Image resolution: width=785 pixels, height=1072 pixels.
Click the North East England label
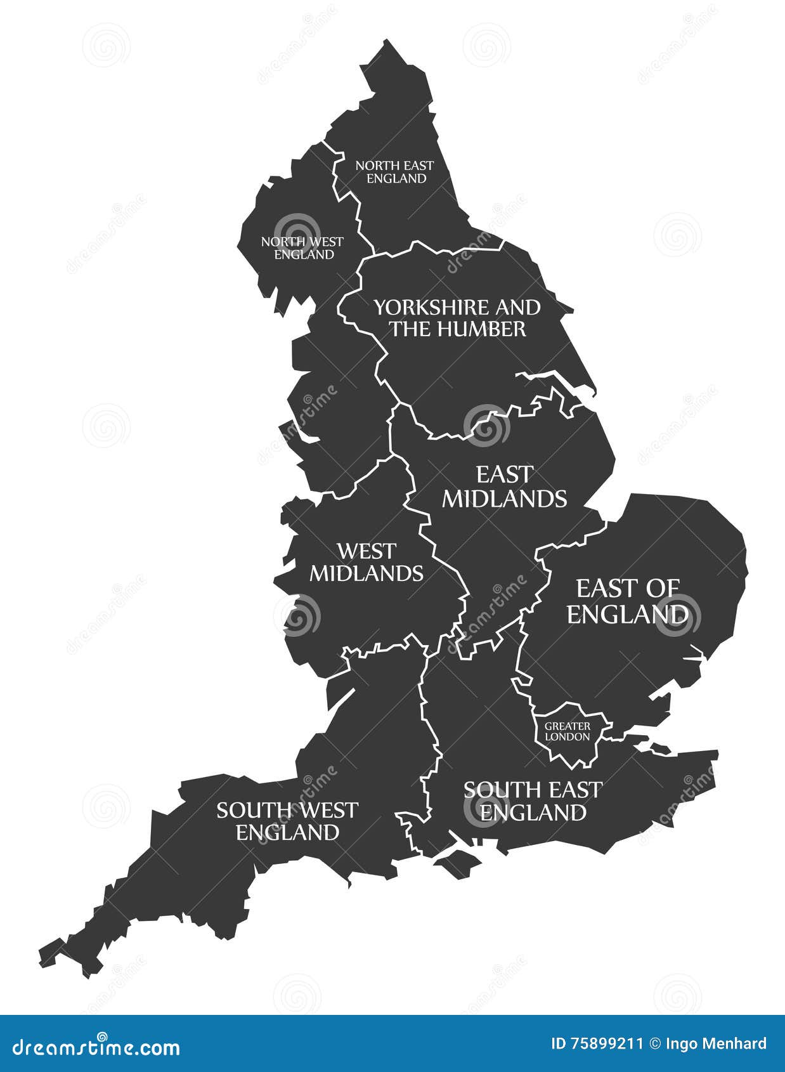pos(394,172)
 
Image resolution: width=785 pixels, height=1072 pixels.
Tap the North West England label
pos(302,248)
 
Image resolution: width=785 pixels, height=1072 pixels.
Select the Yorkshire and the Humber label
pos(457,318)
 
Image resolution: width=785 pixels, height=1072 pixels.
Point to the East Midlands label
pos(504,487)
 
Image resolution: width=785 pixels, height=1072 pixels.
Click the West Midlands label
pos(366,562)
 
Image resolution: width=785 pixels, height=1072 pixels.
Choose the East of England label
pos(627,601)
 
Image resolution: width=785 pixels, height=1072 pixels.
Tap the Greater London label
pos(568,731)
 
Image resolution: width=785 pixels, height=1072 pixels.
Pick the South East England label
pos(533,801)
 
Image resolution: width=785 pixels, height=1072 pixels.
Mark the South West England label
pos(287,821)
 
